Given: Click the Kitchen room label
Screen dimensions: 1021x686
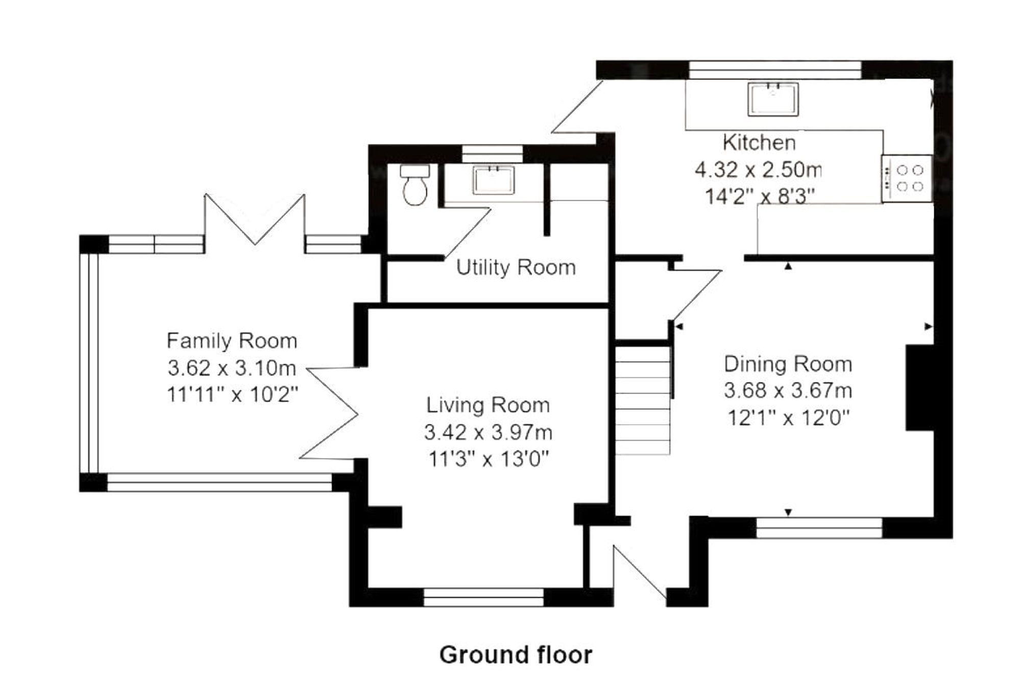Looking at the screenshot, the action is coord(759,143).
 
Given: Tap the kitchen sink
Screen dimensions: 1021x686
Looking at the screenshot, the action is coord(773,99).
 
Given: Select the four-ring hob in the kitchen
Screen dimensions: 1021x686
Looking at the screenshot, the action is coord(907,178).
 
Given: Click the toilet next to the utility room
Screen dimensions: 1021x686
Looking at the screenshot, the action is coord(415,185).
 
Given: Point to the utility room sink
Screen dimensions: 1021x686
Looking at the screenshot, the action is coord(493,180).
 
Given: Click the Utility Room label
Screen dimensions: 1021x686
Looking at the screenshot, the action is coord(516,267).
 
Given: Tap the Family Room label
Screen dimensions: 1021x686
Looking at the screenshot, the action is coord(232,341).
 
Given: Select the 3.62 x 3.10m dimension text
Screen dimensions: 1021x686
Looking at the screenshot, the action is coord(232,367).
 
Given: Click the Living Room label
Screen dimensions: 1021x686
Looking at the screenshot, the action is coord(488,405).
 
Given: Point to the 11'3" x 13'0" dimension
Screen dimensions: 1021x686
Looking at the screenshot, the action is coord(488,459).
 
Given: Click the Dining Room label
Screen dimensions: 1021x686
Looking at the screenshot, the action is coord(788,364).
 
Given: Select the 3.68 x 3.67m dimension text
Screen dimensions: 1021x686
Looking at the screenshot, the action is coord(788,391).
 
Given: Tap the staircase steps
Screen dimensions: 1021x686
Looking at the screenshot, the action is coord(642,400).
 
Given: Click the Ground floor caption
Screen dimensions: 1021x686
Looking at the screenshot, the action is coord(516,655).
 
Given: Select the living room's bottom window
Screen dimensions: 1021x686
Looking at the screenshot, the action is coord(484,597).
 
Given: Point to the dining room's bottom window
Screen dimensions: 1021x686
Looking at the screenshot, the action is coord(819,528).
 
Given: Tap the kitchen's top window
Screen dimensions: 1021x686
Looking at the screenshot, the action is coord(775,70).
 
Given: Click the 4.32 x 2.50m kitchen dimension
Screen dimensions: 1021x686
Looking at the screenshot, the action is coord(759,169).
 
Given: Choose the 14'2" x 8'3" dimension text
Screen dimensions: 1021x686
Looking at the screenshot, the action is coord(759,197).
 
